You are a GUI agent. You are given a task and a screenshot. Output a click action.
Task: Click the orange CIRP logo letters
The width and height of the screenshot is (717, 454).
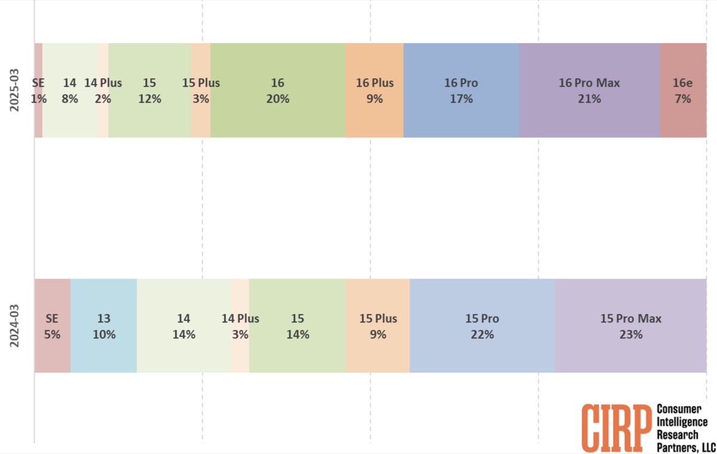tap(616, 427)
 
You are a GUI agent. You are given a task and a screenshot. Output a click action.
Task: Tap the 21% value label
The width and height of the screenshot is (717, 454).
tap(589, 99)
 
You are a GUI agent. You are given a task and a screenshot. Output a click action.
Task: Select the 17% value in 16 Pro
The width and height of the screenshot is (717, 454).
tap(461, 99)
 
